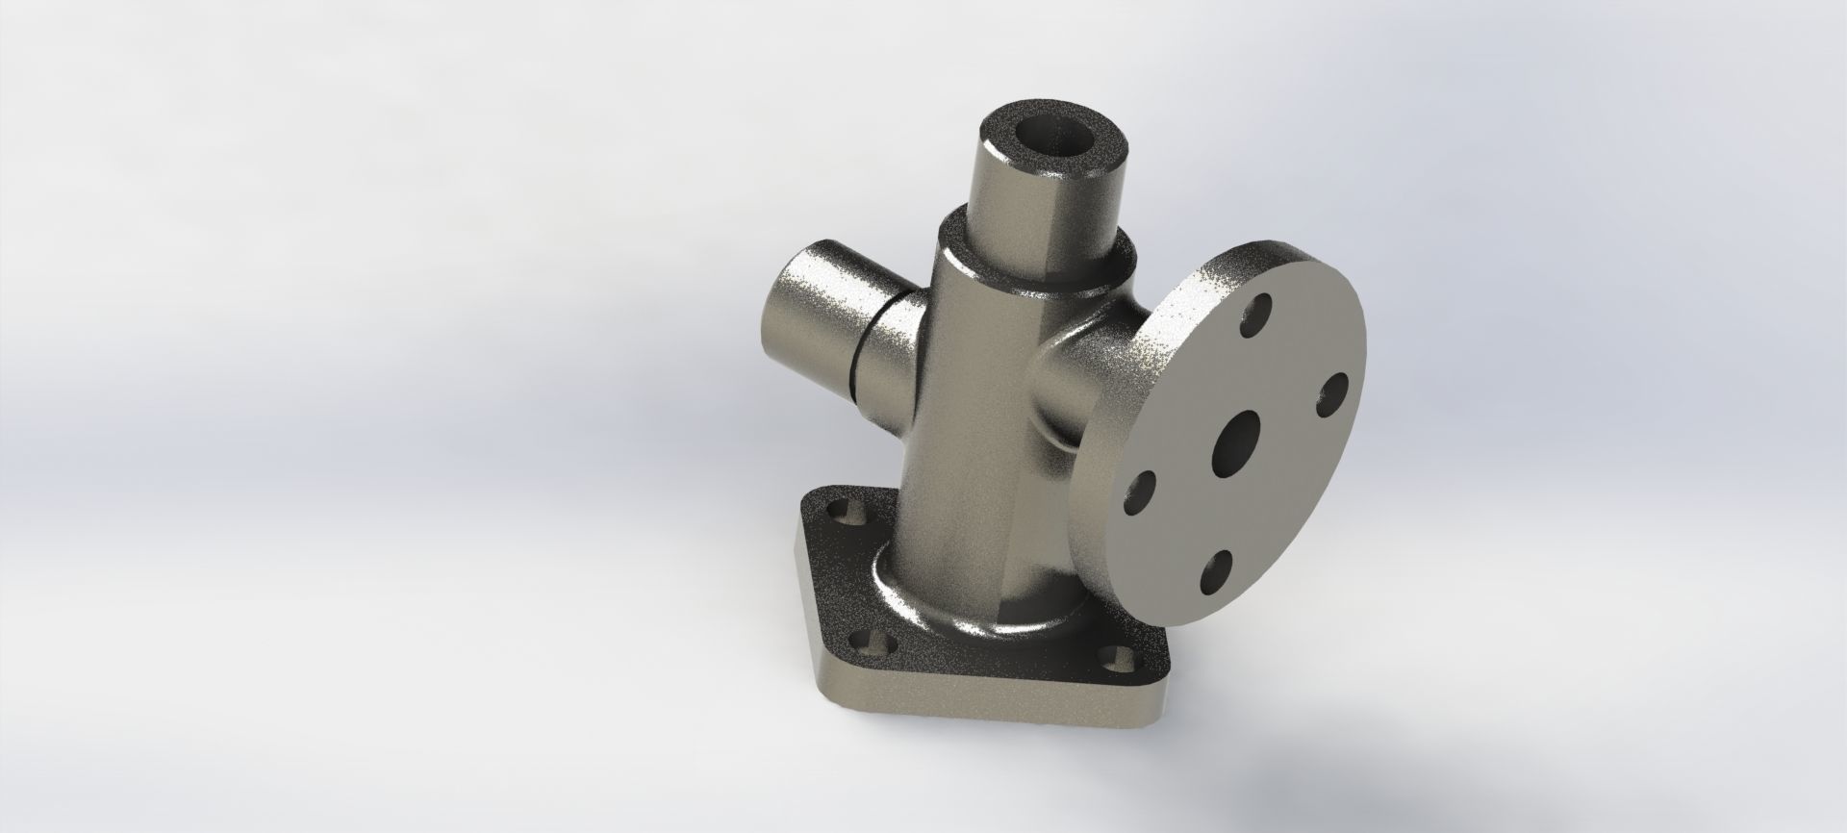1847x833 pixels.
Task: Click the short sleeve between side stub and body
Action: tap(890, 356)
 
